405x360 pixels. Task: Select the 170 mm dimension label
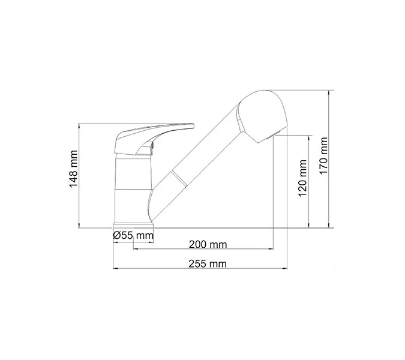coord(325,157)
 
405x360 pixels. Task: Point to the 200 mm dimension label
coord(208,244)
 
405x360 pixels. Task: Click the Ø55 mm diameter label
coord(133,236)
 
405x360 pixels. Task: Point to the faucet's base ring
coord(133,226)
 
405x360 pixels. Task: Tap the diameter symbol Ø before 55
coord(116,236)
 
